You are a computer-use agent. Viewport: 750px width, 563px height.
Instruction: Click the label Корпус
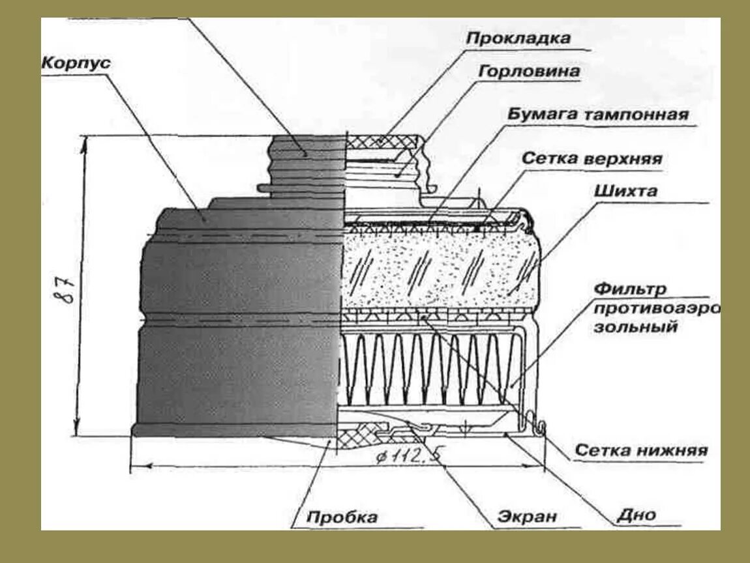tap(78, 64)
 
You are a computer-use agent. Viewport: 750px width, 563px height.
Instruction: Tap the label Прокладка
tap(518, 38)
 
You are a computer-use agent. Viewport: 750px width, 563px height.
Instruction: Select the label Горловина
tap(529, 71)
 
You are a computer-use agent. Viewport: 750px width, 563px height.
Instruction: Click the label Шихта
tap(625, 192)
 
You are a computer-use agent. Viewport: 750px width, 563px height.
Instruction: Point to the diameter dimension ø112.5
tap(407, 457)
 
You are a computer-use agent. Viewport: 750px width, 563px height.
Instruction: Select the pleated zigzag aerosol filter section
tap(424, 368)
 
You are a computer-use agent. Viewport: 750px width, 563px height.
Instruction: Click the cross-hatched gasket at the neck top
tap(385, 141)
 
